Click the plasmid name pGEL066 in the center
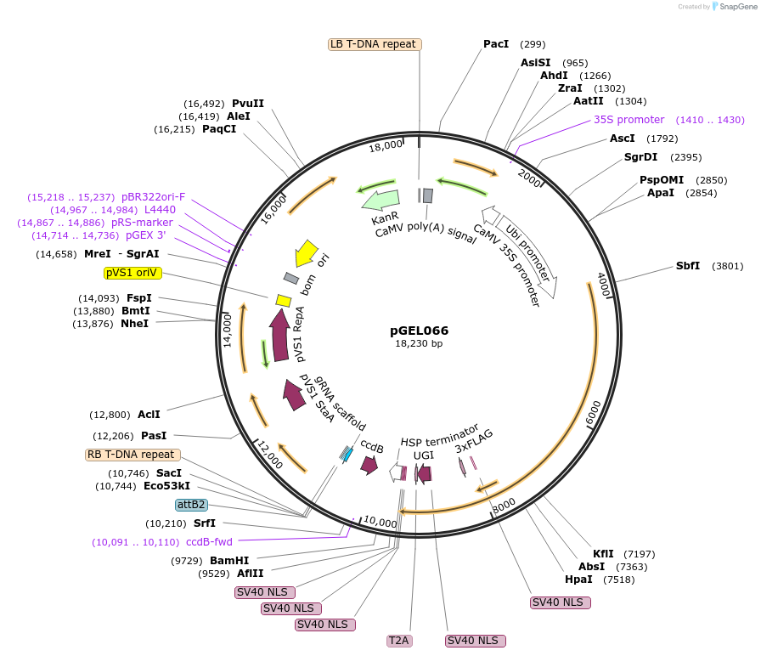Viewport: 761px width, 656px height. tap(420, 331)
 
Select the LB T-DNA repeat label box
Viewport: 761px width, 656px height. tap(374, 44)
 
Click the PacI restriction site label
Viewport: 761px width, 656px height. tap(496, 44)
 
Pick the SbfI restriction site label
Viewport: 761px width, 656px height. tap(688, 266)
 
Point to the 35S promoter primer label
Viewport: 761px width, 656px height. tap(629, 120)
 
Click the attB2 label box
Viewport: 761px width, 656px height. tap(191, 504)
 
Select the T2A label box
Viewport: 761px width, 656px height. tap(399, 640)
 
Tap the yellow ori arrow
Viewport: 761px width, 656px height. tap(305, 253)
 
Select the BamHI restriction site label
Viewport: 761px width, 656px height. tap(229, 561)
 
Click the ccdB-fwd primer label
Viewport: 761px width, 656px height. tap(209, 542)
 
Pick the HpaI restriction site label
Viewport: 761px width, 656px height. tap(578, 580)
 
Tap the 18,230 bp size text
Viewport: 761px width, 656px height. tap(419, 343)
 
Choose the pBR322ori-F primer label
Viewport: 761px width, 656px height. tap(153, 196)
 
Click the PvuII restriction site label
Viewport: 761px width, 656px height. tap(248, 104)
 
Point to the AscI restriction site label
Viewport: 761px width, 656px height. tap(623, 139)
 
